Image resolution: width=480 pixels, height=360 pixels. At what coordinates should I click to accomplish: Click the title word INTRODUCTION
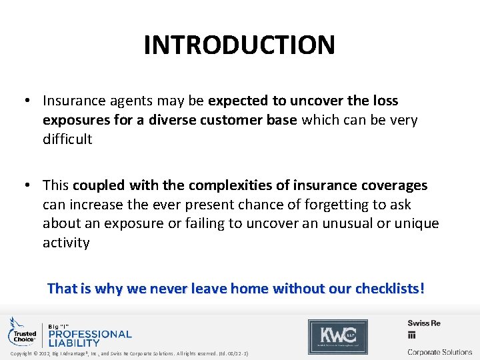239,45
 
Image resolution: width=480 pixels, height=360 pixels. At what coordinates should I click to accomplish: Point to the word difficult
67,139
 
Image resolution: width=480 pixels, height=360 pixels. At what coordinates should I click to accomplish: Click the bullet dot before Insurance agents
27,101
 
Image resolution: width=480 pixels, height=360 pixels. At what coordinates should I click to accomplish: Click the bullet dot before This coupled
27,185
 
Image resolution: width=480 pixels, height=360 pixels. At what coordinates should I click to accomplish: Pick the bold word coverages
393,185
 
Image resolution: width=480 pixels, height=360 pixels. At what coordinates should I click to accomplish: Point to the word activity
66,242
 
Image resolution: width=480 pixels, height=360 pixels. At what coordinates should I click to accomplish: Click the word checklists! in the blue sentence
389,289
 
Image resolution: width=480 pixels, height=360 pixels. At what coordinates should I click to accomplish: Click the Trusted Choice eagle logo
22,331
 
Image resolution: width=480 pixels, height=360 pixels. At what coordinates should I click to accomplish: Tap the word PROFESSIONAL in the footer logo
91,333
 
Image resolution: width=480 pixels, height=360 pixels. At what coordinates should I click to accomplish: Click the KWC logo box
337,336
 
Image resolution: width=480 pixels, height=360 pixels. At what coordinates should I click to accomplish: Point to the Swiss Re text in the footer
424,323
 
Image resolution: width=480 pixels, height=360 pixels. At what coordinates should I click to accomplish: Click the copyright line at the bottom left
129,353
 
